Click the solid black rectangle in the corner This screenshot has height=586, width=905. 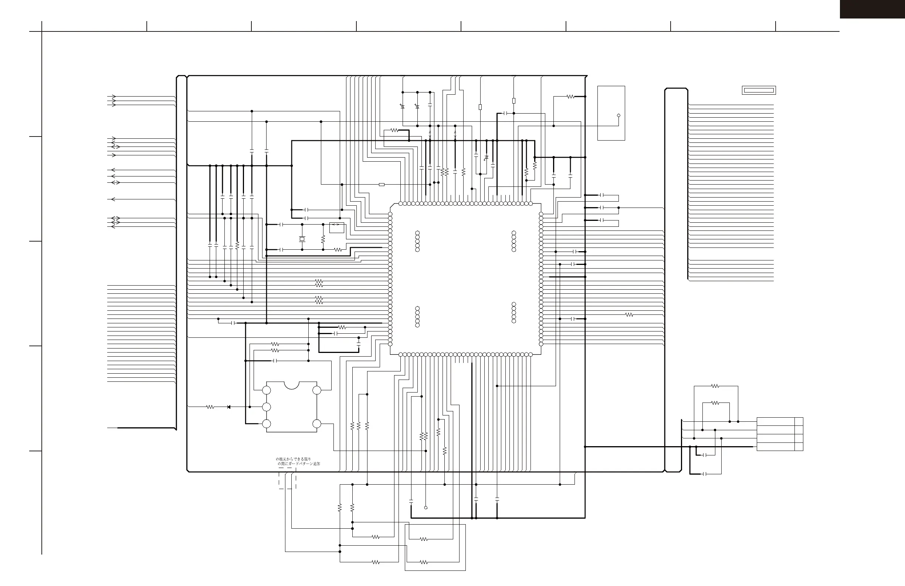(872, 9)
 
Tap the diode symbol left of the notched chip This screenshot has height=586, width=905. (228, 407)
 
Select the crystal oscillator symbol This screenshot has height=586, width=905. (302, 239)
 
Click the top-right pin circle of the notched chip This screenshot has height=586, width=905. (316, 390)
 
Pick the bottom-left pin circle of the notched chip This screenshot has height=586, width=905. (267, 424)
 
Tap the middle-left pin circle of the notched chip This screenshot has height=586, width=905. (267, 407)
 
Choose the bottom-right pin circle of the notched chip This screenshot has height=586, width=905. (316, 424)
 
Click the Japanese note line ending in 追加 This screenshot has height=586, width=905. (299, 464)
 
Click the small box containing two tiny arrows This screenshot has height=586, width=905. (336, 228)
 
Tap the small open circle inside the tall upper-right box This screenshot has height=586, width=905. (618, 115)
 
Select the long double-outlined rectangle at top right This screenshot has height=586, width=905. (759, 90)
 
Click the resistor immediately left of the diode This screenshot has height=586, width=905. (210, 407)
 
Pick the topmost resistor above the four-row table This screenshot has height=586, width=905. (715, 386)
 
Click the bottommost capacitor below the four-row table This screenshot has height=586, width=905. (705, 474)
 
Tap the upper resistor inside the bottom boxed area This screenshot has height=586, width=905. (424, 539)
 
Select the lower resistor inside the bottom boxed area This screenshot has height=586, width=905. (424, 562)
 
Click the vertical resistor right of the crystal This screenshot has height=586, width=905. (323, 239)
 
